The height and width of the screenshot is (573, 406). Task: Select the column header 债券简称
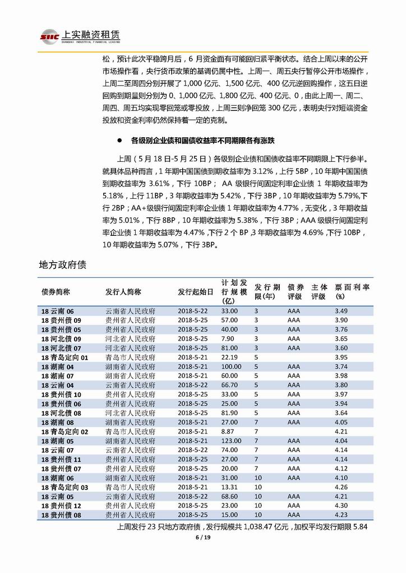pos(56,292)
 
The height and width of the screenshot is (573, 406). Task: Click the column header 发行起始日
pos(196,292)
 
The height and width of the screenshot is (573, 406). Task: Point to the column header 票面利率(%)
pos(352,291)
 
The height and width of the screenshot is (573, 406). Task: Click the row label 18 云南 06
pos(57,311)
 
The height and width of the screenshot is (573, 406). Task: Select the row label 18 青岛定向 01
pos(64,357)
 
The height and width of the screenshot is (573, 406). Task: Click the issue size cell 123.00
pos(231,441)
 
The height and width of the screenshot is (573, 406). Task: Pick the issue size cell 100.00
pos(231,366)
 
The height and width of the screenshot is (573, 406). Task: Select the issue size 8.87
pos(228,432)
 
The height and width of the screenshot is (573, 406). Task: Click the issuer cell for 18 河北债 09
pos(131,339)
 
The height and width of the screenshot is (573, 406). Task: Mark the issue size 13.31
pos(229,487)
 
